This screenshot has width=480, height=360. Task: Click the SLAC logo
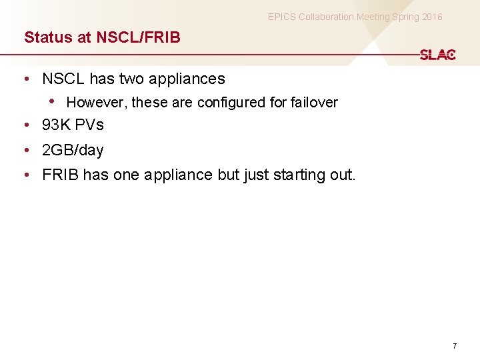tap(437, 55)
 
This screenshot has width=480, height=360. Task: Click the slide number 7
tap(455, 346)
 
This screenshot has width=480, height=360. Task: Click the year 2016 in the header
tap(431, 17)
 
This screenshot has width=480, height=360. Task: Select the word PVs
tap(89, 125)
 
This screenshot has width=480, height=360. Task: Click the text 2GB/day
tap(73, 151)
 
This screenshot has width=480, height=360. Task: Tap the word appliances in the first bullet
tap(187, 79)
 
